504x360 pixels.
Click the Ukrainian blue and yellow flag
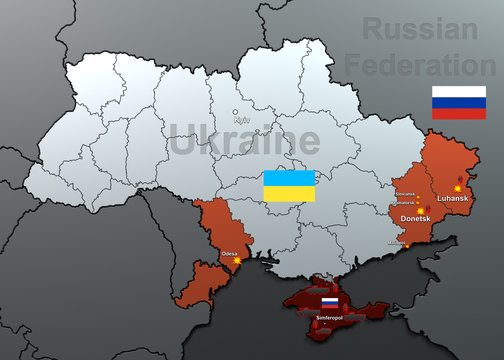coord(289,186)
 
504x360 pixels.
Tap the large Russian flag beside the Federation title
coord(458,102)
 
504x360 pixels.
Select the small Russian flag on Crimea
coord(329,302)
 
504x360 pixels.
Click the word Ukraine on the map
coord(238,142)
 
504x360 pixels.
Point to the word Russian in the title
coord(419,30)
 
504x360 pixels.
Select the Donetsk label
coord(415,217)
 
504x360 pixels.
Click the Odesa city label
coord(230,254)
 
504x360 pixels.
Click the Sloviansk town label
coord(404,194)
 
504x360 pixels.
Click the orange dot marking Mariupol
coord(408,246)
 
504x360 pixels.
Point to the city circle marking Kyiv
coord(236,112)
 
